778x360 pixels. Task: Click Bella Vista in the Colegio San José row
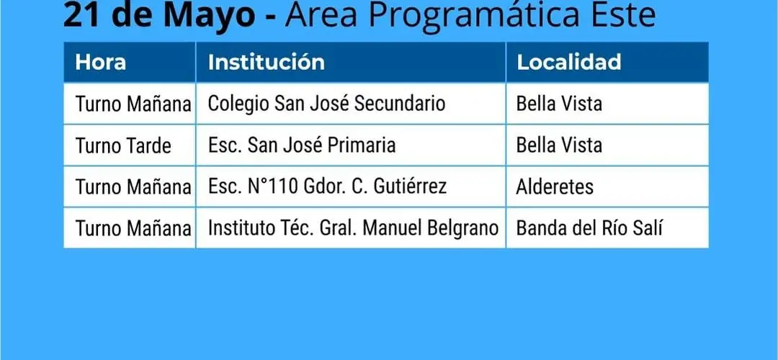tap(559, 104)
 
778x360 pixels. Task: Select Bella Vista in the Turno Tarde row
tap(559, 145)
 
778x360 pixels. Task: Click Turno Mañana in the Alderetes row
tap(133, 187)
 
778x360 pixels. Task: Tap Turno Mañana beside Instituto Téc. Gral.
tap(133, 228)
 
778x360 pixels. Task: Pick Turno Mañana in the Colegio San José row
tap(133, 104)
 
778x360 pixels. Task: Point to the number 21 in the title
tap(81, 15)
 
